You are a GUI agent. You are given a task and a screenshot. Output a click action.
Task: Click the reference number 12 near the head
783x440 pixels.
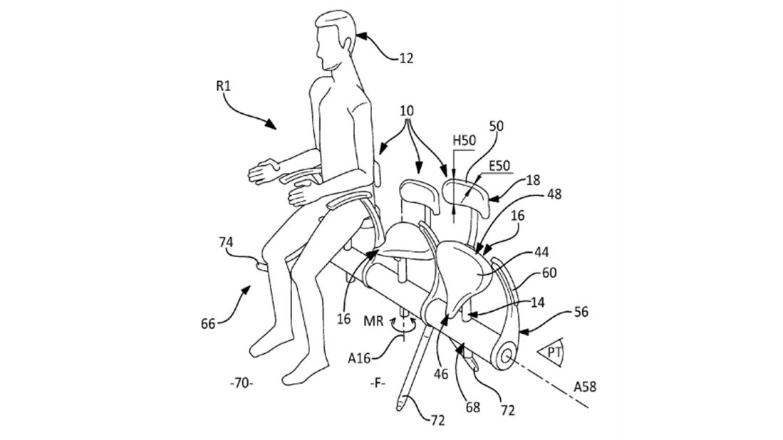(407, 58)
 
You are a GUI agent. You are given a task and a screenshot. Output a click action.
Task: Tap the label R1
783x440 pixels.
(223, 86)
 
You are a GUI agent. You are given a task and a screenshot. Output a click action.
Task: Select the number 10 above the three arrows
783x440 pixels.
(407, 110)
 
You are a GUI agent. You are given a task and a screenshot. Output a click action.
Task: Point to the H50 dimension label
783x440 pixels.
(464, 141)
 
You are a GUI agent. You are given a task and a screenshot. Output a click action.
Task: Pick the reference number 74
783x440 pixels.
(226, 242)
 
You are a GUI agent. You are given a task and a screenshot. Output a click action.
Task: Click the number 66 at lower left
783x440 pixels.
(208, 324)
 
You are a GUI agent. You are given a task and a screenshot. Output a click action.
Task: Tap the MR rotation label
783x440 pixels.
(373, 321)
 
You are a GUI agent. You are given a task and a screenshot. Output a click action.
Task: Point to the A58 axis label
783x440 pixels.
(585, 386)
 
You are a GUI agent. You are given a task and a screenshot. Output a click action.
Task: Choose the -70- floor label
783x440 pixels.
(242, 384)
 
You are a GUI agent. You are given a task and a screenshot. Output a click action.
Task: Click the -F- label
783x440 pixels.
(378, 384)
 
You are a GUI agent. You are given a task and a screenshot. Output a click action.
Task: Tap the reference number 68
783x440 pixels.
(472, 407)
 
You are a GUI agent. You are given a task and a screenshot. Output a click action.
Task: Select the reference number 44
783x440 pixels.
(541, 253)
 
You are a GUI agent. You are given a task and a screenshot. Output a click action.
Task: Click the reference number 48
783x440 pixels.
(554, 194)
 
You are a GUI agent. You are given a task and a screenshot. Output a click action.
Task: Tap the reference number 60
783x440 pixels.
(549, 273)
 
